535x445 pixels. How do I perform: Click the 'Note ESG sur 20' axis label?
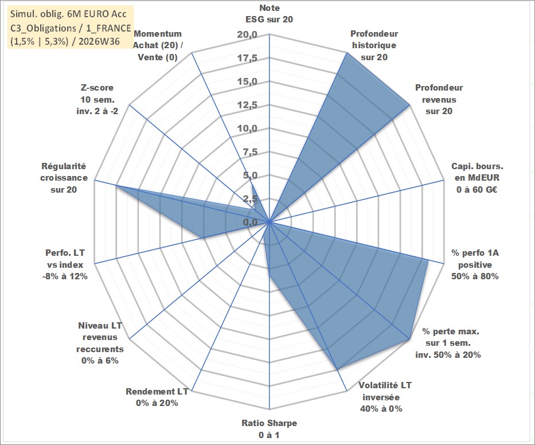click(x=269, y=14)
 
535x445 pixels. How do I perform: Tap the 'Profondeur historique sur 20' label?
click(x=374, y=45)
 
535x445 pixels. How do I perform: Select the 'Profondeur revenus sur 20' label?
click(x=439, y=99)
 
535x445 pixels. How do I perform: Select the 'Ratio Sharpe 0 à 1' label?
click(x=269, y=429)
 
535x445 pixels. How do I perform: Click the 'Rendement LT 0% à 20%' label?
click(x=157, y=397)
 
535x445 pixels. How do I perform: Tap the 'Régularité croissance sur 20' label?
click(x=64, y=178)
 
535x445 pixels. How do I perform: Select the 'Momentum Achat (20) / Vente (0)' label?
click(x=158, y=45)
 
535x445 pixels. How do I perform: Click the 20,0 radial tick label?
click(x=247, y=35)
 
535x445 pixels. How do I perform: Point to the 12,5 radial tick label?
click(x=247, y=105)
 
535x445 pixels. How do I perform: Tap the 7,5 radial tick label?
click(x=250, y=152)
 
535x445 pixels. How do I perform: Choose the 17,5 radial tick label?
click(x=247, y=58)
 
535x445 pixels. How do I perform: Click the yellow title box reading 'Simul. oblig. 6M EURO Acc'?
click(x=71, y=28)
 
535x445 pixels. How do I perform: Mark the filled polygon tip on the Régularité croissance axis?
click(x=116, y=186)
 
